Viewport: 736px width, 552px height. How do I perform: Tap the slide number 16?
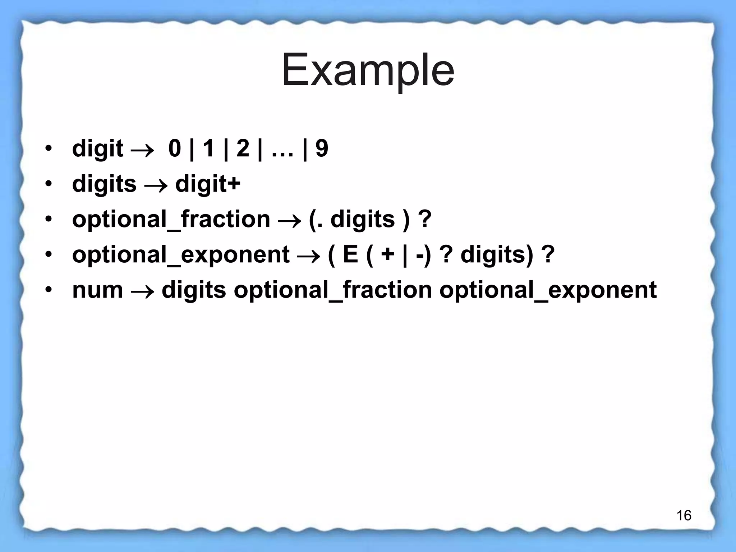click(684, 516)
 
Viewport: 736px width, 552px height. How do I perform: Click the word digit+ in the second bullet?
click(208, 184)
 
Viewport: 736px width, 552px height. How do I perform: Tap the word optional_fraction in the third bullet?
click(171, 219)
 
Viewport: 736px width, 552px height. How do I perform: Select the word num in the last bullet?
click(97, 290)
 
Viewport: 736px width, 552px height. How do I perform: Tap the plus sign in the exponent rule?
click(388, 255)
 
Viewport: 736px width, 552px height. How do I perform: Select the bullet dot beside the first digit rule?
click(49, 148)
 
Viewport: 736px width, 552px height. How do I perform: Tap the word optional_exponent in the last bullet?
click(548, 290)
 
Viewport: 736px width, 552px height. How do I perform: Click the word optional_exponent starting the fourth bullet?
click(181, 254)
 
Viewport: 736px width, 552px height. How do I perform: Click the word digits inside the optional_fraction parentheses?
click(362, 219)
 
